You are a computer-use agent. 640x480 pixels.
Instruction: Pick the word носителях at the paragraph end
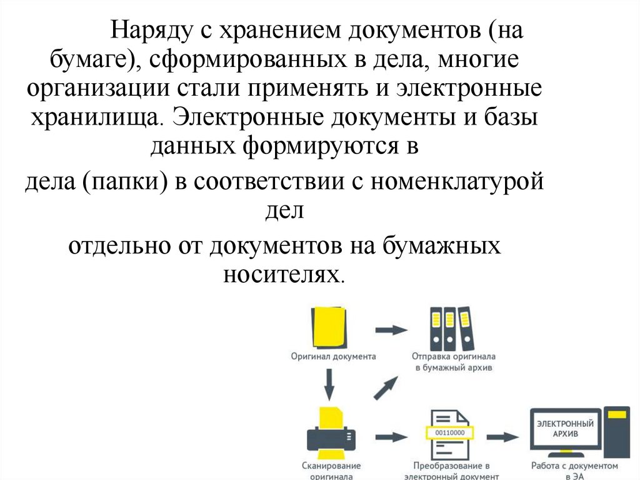pyautogui.click(x=283, y=273)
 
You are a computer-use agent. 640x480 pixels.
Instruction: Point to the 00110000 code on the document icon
pyautogui.click(x=450, y=432)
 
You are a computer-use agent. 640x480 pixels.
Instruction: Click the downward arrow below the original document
pyautogui.click(x=329, y=383)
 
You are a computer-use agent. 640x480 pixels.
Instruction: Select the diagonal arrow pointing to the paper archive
pyautogui.click(x=386, y=387)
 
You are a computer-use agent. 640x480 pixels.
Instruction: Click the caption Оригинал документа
pyautogui.click(x=333, y=356)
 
